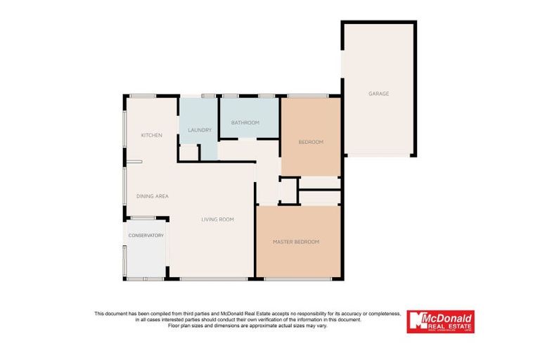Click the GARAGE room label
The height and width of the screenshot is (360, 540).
click(x=378, y=94)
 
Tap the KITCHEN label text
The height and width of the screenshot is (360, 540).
click(x=152, y=135)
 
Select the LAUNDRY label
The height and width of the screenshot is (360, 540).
click(x=200, y=130)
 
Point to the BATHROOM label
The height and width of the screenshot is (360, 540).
click(x=245, y=122)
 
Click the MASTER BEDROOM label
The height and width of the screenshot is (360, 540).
click(x=296, y=242)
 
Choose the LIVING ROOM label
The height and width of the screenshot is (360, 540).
click(x=217, y=219)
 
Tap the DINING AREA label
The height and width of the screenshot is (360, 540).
click(x=153, y=196)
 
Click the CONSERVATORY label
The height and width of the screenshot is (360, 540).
click(x=146, y=236)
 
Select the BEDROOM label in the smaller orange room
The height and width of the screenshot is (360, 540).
click(x=311, y=142)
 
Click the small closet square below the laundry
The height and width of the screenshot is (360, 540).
click(x=188, y=153)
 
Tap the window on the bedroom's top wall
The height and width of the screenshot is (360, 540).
click(x=308, y=96)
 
